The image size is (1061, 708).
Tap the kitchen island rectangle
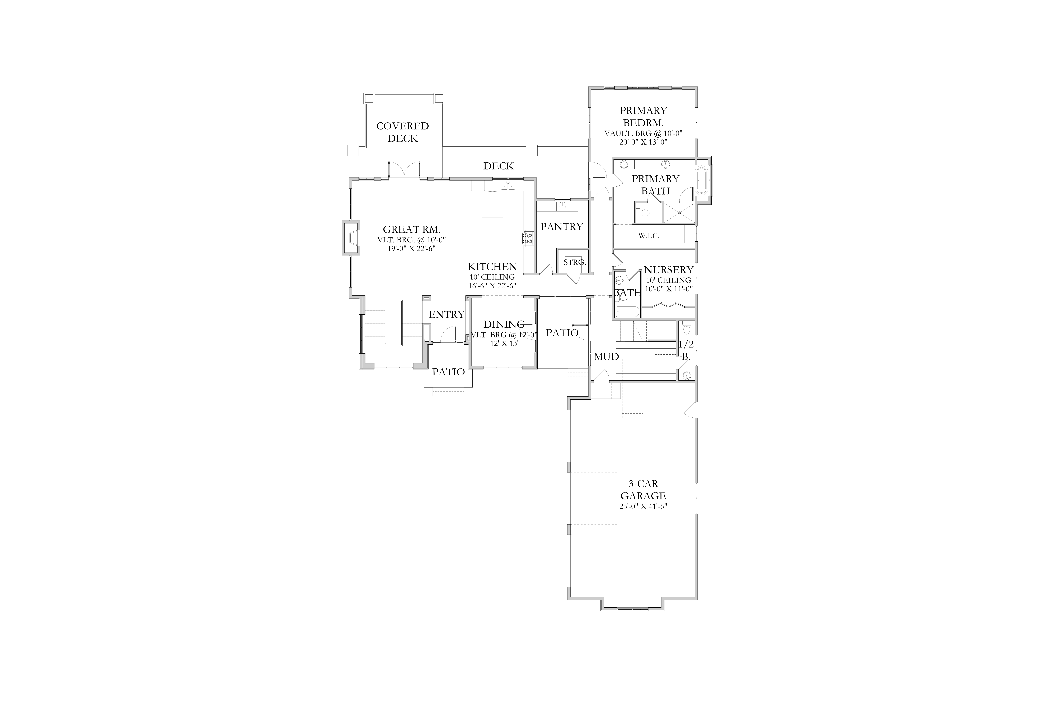[x=492, y=238]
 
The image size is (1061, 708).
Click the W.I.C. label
[x=649, y=236]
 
